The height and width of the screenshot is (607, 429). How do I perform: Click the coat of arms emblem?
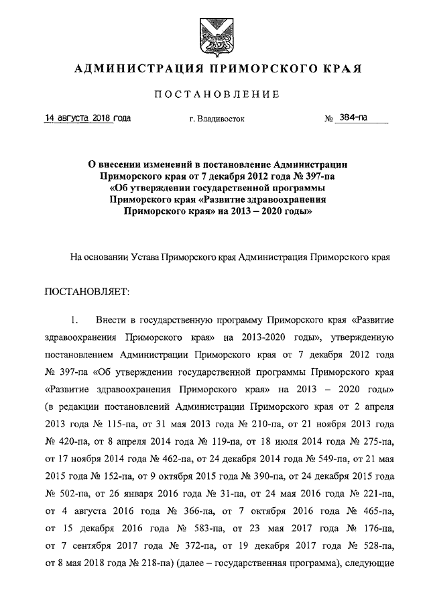pos(215,33)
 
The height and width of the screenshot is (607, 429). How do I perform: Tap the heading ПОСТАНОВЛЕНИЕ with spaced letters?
pos(215,95)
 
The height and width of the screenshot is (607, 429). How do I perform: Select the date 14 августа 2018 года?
pos(87,118)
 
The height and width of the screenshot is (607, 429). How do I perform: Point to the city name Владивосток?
pos(217,119)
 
